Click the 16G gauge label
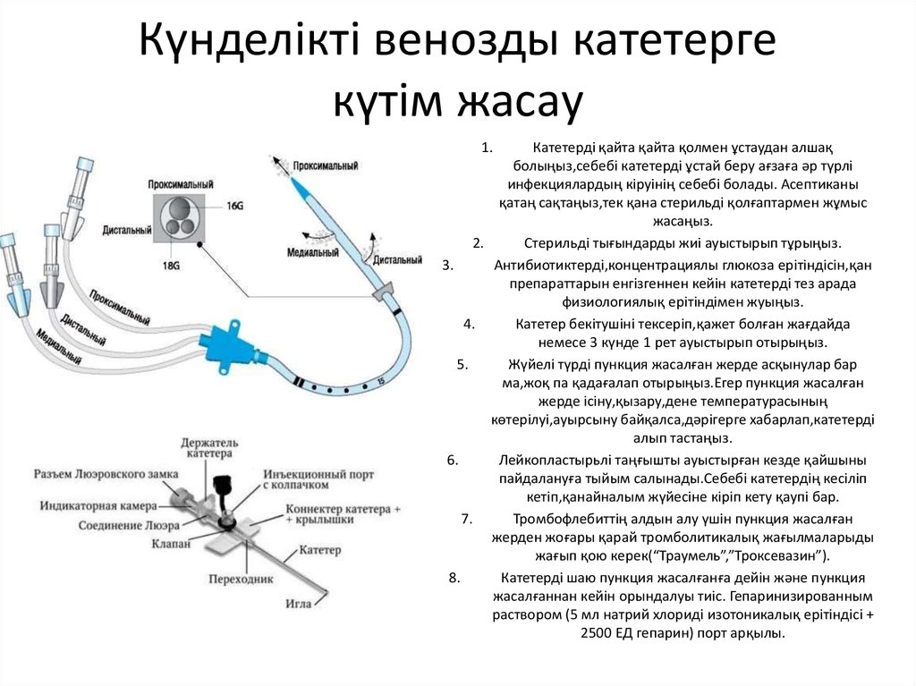pos(234,206)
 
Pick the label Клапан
pos(170,542)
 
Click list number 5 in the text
pos(462,364)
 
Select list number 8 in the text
pos(454,577)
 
